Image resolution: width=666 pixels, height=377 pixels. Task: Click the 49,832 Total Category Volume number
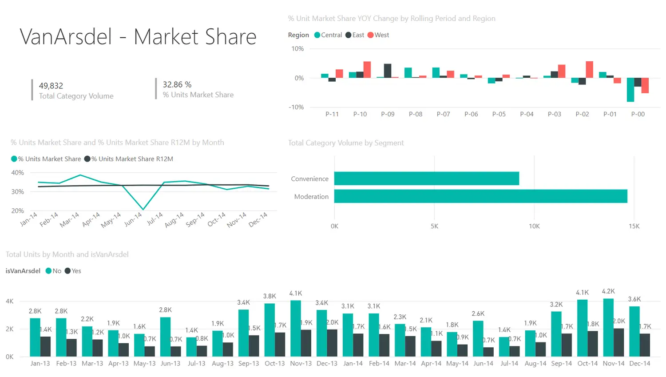(51, 86)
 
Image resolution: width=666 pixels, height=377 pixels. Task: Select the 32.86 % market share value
(177, 84)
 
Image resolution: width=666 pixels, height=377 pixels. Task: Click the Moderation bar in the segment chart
(480, 196)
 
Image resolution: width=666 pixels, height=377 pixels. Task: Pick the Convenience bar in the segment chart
(426, 179)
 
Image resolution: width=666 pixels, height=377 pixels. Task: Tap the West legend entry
(381, 35)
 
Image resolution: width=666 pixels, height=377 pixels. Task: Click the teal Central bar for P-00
(630, 90)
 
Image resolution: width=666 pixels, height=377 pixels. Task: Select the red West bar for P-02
(589, 70)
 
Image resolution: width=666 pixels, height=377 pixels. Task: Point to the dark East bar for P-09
(388, 71)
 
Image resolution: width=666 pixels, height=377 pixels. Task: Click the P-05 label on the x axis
(499, 114)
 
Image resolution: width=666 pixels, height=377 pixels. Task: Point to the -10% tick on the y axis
(296, 107)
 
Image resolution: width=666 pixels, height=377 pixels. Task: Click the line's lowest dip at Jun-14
(143, 209)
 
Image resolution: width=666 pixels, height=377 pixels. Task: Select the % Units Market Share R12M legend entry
(132, 159)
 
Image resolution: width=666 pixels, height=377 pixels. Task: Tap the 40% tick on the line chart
(18, 173)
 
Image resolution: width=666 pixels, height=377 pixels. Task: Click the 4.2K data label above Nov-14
(608, 291)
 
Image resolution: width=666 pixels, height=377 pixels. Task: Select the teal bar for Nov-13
(296, 329)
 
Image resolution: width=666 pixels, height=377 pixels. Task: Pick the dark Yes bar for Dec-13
(332, 343)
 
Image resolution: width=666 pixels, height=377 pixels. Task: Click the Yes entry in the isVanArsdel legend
(76, 271)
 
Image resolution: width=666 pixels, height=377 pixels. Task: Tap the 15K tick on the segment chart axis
(634, 226)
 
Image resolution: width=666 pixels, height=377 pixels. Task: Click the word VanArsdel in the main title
(66, 37)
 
